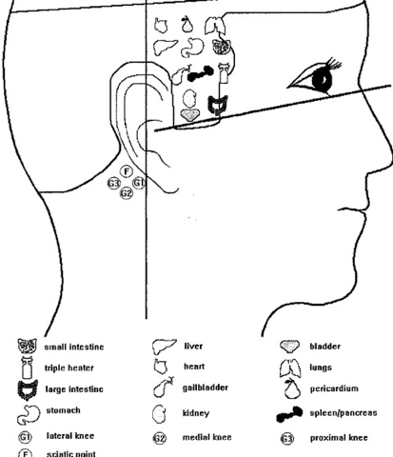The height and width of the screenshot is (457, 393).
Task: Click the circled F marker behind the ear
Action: [x=127, y=171]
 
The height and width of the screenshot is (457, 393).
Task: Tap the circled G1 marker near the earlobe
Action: [x=139, y=183]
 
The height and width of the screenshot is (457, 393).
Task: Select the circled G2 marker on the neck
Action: [x=127, y=193]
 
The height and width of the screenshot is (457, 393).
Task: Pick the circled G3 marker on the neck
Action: [x=113, y=184]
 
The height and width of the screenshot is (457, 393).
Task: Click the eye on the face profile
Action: [x=319, y=76]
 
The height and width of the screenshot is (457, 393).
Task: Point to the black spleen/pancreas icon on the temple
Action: [x=201, y=74]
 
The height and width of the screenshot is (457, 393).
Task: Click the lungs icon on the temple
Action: [x=216, y=26]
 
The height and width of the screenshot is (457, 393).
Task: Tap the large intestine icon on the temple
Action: [x=218, y=105]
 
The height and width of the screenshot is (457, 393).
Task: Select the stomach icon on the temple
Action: [x=192, y=48]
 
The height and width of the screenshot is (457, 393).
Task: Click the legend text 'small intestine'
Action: [x=74, y=347]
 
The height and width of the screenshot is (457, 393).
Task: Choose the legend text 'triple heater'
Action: [x=69, y=368]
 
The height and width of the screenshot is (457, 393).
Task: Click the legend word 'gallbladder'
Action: [x=206, y=387]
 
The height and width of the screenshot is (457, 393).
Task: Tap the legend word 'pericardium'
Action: [x=334, y=388]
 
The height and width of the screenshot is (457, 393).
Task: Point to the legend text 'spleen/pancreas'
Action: [x=344, y=413]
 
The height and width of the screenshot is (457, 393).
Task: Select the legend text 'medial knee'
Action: [x=206, y=437]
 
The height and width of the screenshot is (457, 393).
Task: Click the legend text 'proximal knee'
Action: [x=339, y=438]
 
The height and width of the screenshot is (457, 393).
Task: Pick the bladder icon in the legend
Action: [x=290, y=347]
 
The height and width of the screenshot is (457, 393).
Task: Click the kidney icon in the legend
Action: [x=159, y=414]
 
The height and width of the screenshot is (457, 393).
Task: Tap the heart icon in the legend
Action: [x=161, y=367]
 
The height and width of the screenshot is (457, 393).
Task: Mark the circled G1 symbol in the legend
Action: [x=26, y=437]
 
